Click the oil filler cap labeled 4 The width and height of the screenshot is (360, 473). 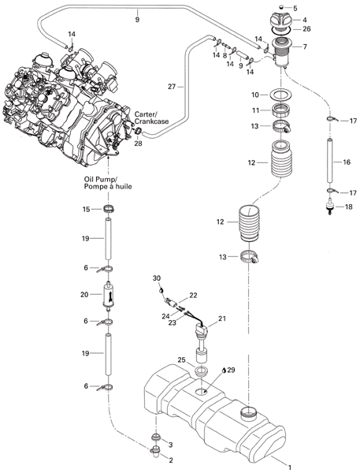pos(280,20)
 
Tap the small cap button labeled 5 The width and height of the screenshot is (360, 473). pos(281,6)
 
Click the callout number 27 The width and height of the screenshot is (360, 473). pos(172,87)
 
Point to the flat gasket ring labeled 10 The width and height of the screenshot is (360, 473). pos(281,95)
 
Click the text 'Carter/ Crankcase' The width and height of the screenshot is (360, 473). pos(151,117)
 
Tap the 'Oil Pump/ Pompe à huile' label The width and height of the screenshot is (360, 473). pos(108,183)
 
